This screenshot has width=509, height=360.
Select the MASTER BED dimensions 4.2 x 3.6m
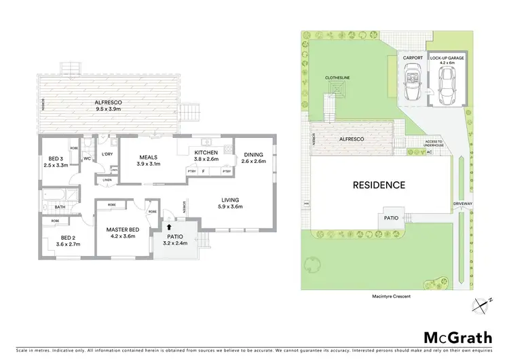(x=123, y=238)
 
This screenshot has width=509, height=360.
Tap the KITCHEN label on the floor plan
(x=206, y=153)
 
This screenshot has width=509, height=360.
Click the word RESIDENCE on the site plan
(x=378, y=185)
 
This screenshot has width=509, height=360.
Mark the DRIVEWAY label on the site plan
(x=463, y=203)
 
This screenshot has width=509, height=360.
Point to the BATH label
(x=60, y=207)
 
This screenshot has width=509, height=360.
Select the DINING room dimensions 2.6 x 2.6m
(x=252, y=161)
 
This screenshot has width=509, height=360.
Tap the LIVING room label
(x=231, y=200)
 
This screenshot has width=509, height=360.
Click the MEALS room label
(x=149, y=156)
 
